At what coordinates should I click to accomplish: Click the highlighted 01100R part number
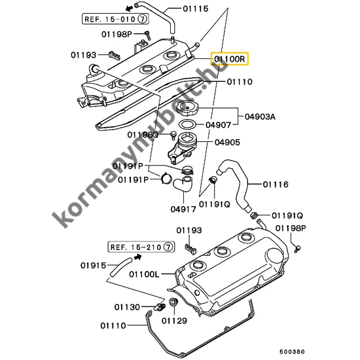pos(229,59)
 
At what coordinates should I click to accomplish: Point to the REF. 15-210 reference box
pos(141,247)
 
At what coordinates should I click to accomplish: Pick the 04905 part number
pos(226,141)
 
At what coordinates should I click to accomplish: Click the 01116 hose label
pos(276,185)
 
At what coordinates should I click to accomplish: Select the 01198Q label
pos(145,135)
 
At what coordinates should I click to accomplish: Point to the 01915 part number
pos(94,265)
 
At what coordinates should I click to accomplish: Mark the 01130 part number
pos(128,306)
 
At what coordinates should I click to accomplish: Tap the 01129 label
pos(174,321)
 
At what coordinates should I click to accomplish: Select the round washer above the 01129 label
pos(173,302)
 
